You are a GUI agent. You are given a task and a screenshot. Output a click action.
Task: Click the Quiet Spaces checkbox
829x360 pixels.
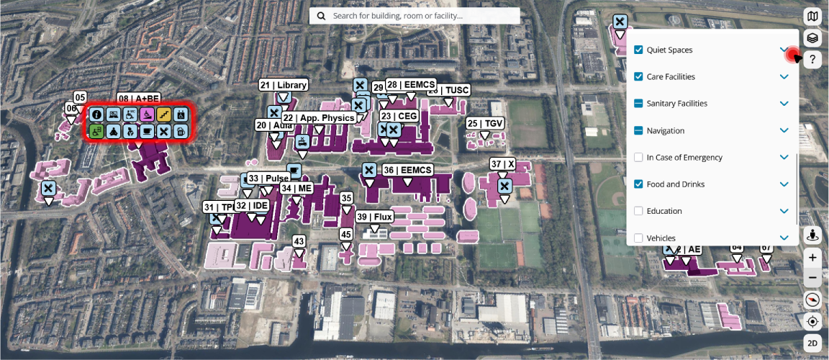pyautogui.click(x=638, y=50)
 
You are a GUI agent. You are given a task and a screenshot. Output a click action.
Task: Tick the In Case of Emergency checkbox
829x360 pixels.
pyautogui.click(x=638, y=157)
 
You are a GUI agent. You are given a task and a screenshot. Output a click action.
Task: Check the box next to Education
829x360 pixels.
pyautogui.click(x=638, y=211)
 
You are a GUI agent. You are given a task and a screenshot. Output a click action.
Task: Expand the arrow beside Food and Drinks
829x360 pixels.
pyautogui.click(x=784, y=184)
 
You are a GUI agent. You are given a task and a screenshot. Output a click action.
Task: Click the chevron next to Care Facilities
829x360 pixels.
pyautogui.click(x=784, y=76)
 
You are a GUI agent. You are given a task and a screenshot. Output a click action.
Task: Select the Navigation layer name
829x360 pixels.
pyautogui.click(x=665, y=130)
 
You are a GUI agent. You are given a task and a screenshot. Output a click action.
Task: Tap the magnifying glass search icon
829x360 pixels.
pyautogui.click(x=321, y=15)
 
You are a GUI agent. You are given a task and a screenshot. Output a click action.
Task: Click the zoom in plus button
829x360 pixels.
pyautogui.click(x=812, y=257)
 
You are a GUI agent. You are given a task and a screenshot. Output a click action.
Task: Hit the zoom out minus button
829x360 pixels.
pyautogui.click(x=812, y=277)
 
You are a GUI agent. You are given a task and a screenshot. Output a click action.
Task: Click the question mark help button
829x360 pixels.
pyautogui.click(x=812, y=60)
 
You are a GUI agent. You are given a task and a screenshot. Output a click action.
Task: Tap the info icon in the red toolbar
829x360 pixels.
pyautogui.click(x=96, y=114)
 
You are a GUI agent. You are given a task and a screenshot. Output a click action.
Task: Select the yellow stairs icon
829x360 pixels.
pyautogui.click(x=164, y=114)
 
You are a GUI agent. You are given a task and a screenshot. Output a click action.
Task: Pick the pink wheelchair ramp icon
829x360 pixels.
pyautogui.click(x=148, y=114)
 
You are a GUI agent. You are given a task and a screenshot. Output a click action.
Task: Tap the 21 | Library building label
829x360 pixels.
pyautogui.click(x=284, y=85)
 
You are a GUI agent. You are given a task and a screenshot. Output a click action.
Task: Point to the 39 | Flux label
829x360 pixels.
pyautogui.click(x=374, y=217)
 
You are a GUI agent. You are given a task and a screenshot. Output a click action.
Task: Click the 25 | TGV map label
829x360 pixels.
pyautogui.click(x=485, y=124)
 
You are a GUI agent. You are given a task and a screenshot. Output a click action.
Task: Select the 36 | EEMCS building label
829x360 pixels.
pyautogui.click(x=407, y=170)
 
